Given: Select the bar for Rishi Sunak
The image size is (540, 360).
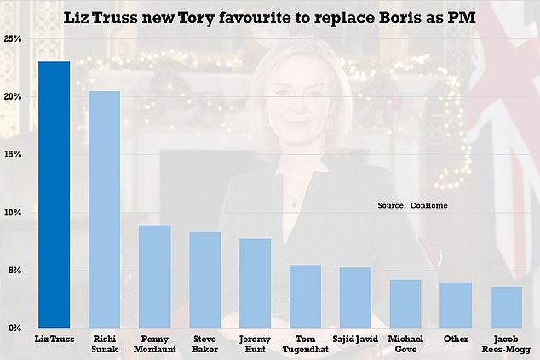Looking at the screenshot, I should pyautogui.click(x=104, y=209).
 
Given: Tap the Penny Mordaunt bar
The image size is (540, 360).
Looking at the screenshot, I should pyautogui.click(x=154, y=277).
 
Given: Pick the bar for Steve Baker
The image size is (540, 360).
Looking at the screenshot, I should pyautogui.click(x=204, y=280).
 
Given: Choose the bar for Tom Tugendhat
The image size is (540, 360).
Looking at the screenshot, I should pyautogui.click(x=305, y=296).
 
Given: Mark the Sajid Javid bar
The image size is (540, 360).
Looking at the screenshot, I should pyautogui.click(x=355, y=298).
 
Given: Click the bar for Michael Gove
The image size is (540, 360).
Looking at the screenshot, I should pyautogui.click(x=405, y=304).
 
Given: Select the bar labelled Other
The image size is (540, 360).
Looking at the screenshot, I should pyautogui.click(x=456, y=305).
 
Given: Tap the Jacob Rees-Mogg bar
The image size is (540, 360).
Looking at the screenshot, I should pyautogui.click(x=506, y=307).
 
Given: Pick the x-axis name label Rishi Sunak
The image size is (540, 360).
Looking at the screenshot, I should pyautogui.click(x=104, y=344).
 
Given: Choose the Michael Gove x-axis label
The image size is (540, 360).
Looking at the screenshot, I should pyautogui.click(x=405, y=344).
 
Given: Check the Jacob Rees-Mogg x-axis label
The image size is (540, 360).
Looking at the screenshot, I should pyautogui.click(x=506, y=344).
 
